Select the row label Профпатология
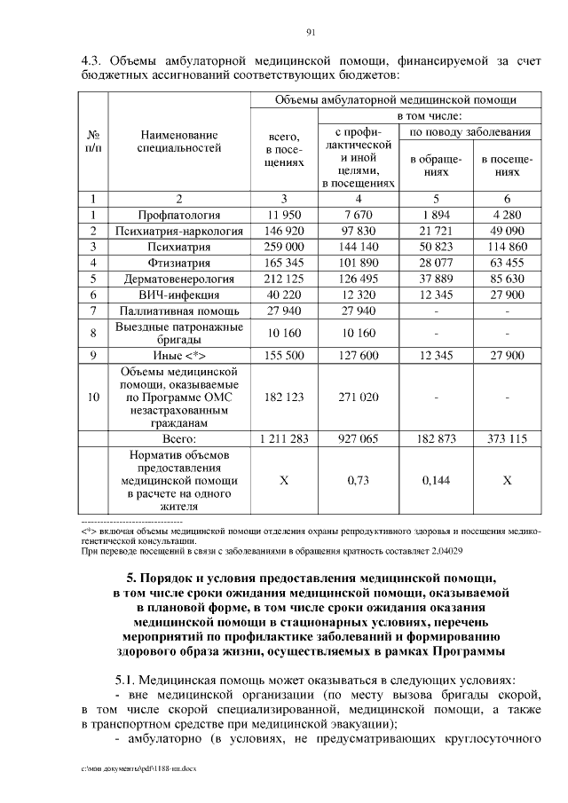tap(179, 215)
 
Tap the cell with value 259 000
tap(284, 247)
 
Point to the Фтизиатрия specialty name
tap(179, 263)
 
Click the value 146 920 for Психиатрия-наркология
tap(284, 231)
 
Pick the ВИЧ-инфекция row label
tap(179, 295)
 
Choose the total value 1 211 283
tap(284, 438)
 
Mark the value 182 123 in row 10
tap(284, 398)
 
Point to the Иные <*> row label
tap(179, 355)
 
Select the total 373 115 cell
tap(507, 438)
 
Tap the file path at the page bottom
tap(133, 768)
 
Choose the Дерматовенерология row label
tap(179, 279)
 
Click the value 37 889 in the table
tap(436, 279)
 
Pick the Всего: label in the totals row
tap(179, 438)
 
